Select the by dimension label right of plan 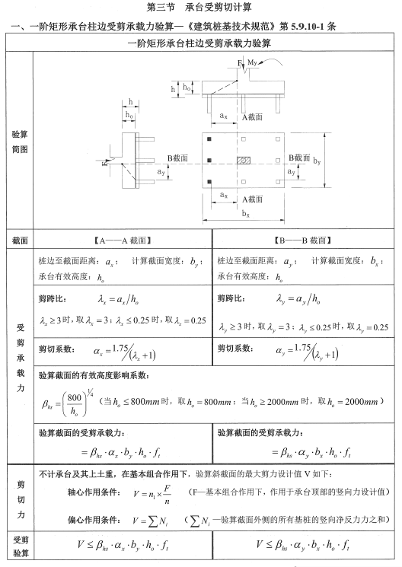pos(317,161)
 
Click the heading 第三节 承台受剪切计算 pos(200,8)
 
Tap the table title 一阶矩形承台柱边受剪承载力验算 pos(200,43)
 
